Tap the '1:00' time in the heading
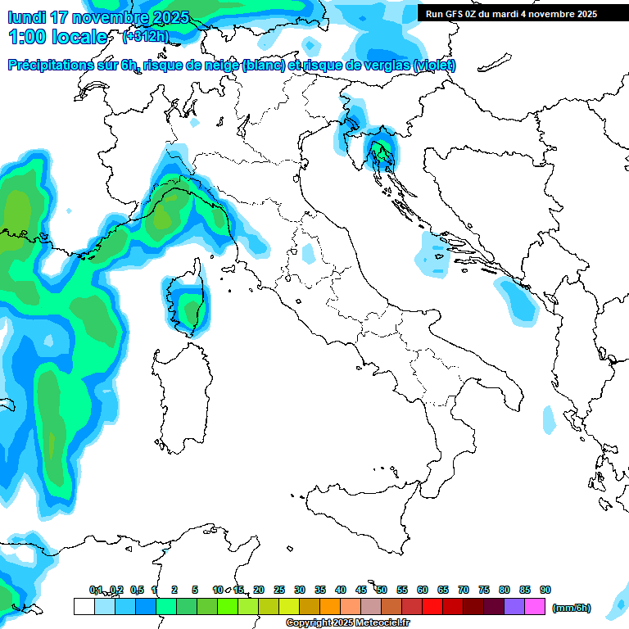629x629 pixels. click(x=28, y=37)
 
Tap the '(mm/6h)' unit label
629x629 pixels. click(x=572, y=608)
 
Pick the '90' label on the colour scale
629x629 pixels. click(x=545, y=590)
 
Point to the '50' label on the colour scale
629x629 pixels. click(x=382, y=590)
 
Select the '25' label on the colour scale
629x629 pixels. click(x=279, y=590)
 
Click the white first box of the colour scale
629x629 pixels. click(x=84, y=606)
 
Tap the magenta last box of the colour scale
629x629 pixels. click(x=535, y=606)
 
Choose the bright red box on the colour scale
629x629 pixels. click(x=432, y=606)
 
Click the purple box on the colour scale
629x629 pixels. click(x=514, y=606)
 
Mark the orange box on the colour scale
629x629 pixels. click(x=330, y=606)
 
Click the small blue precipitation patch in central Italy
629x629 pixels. click(x=308, y=253)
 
